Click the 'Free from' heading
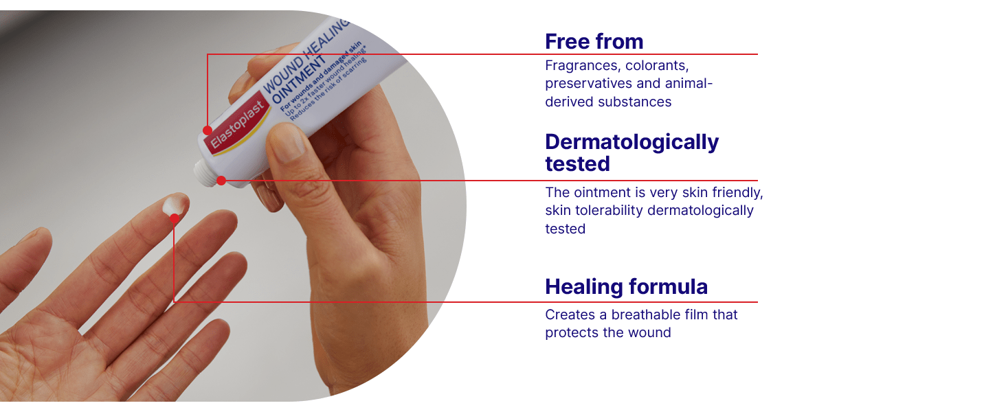[594, 42]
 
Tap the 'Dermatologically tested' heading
[631, 152]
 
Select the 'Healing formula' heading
[626, 287]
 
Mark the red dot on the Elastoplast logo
[207, 130]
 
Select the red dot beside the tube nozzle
[221, 181]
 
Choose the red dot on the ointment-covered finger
[175, 219]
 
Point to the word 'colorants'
[658, 66]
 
